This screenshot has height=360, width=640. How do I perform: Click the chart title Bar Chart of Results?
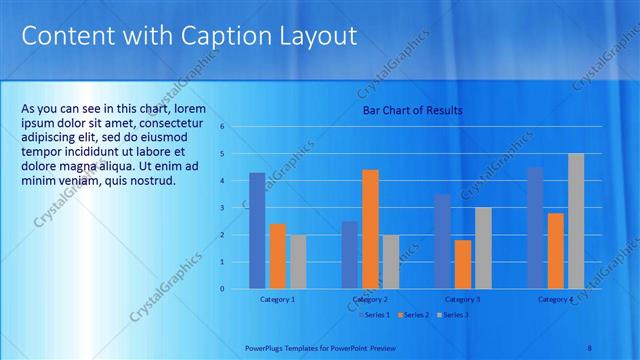412,110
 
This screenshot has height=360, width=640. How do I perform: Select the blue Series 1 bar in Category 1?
257,231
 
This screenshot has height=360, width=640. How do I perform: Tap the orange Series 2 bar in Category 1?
277,256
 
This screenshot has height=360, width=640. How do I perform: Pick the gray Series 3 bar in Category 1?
298,262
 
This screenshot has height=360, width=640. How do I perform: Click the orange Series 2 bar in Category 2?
370,229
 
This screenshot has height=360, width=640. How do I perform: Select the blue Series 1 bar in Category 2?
350,255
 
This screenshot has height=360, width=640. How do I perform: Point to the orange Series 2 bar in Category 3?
463,264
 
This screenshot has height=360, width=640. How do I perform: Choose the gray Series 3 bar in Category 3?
483,248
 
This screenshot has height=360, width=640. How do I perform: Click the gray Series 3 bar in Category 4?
576,221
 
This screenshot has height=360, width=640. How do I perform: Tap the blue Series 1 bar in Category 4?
535,228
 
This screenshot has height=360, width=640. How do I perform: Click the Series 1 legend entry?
374,315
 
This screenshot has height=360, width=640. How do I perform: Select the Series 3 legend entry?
452,315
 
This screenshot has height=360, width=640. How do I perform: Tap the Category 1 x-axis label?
277,299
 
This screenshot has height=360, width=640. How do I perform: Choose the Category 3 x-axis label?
463,299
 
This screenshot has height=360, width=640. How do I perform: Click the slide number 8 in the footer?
589,347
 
